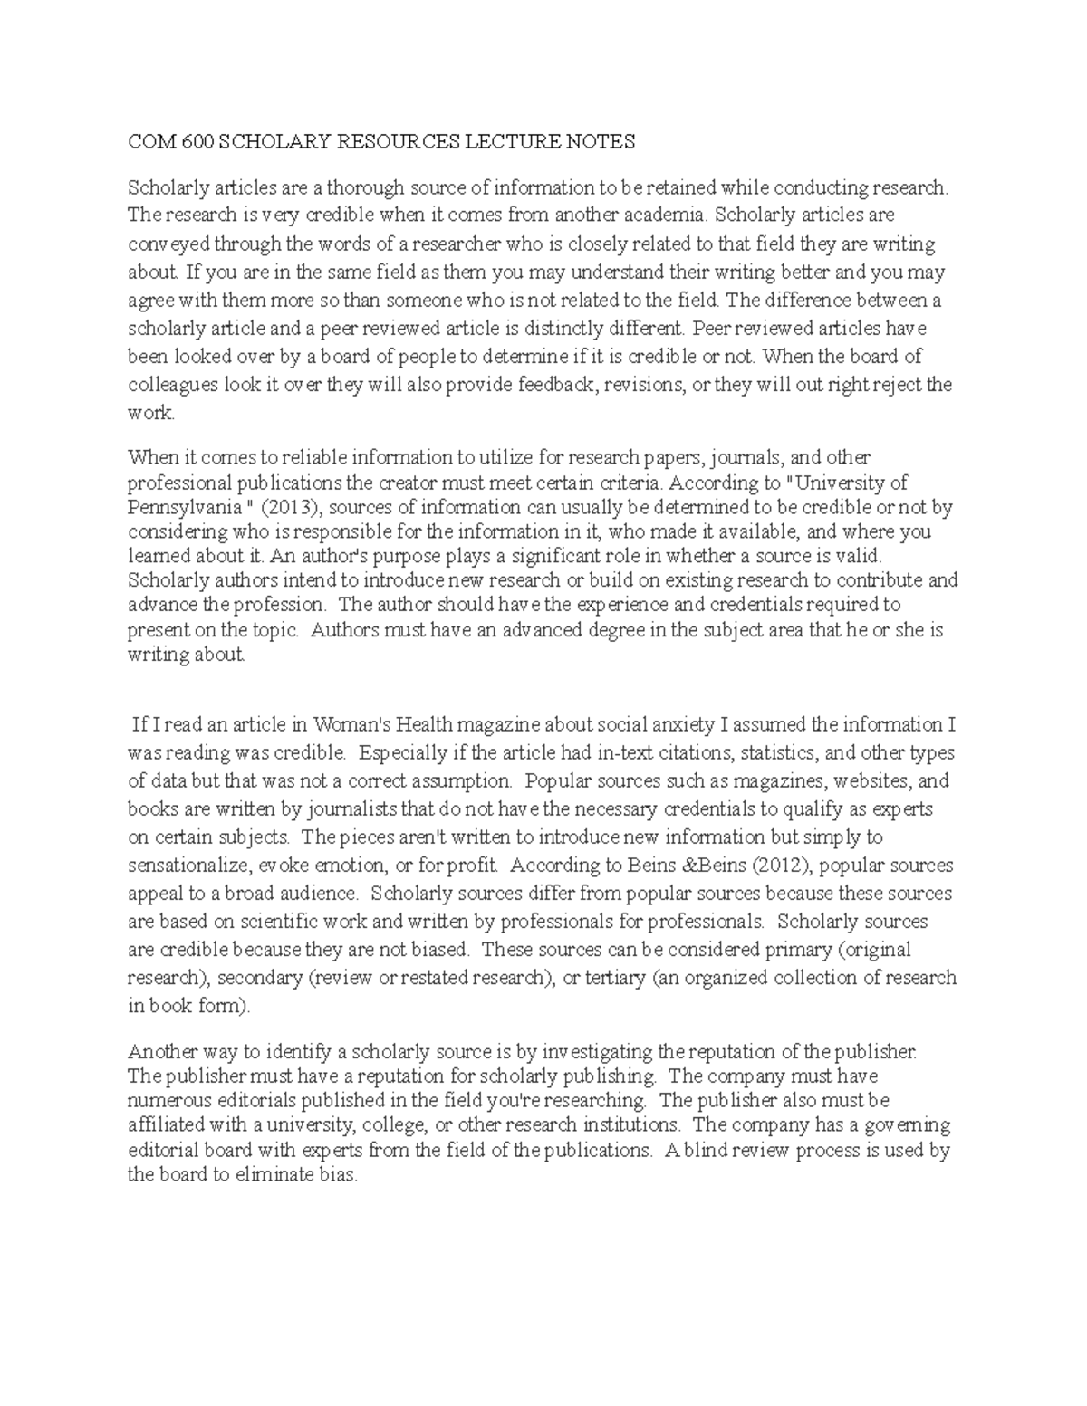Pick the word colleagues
click(x=173, y=384)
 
